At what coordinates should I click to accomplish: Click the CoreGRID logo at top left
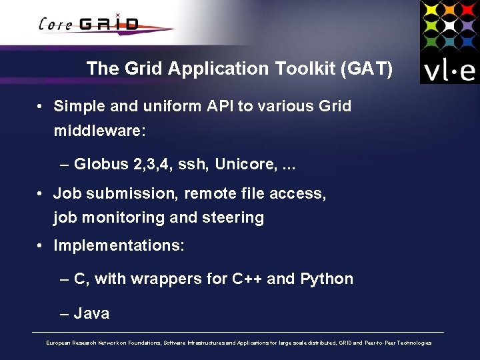pos(90,25)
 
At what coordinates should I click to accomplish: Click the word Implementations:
pos(119,245)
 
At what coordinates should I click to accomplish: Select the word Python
pos(327,279)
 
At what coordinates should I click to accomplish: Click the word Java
pos(92,313)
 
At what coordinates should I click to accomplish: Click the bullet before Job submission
pos(41,194)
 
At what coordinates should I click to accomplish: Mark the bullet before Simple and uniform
pos(41,107)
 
